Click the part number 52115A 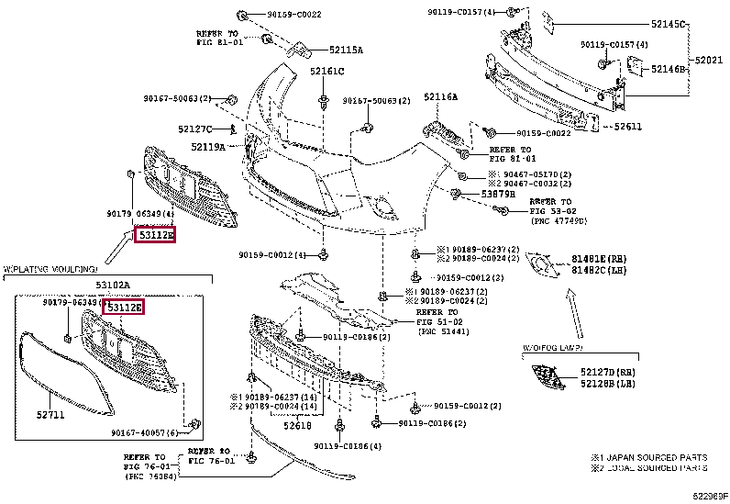coord(320,50)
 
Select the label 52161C coord(326,72)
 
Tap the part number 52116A coord(440,96)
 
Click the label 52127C coord(195,129)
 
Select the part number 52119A coord(208,146)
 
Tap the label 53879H coord(498,195)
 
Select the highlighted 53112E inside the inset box coord(125,307)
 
